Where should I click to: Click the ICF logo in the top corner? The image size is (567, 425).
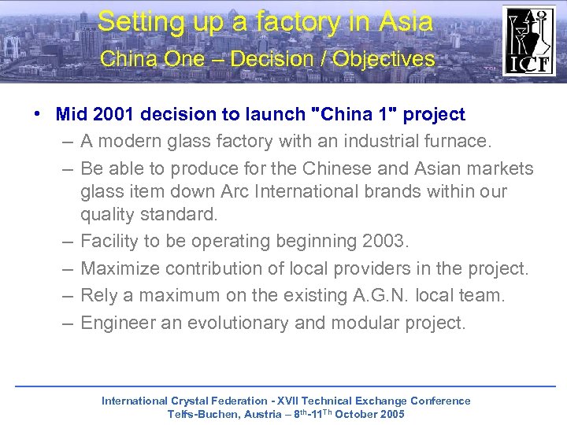pyautogui.click(x=529, y=41)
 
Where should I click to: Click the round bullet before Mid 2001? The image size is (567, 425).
pyautogui.click(x=38, y=115)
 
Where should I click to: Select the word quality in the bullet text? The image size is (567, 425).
pyautogui.click(x=108, y=214)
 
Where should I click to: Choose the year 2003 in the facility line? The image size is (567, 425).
pyautogui.click(x=384, y=242)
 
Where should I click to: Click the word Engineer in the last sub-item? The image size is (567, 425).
pyautogui.click(x=116, y=323)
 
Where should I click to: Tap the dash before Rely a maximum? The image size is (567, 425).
pyautogui.click(x=65, y=296)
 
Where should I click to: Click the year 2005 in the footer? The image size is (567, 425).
pyautogui.click(x=391, y=414)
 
